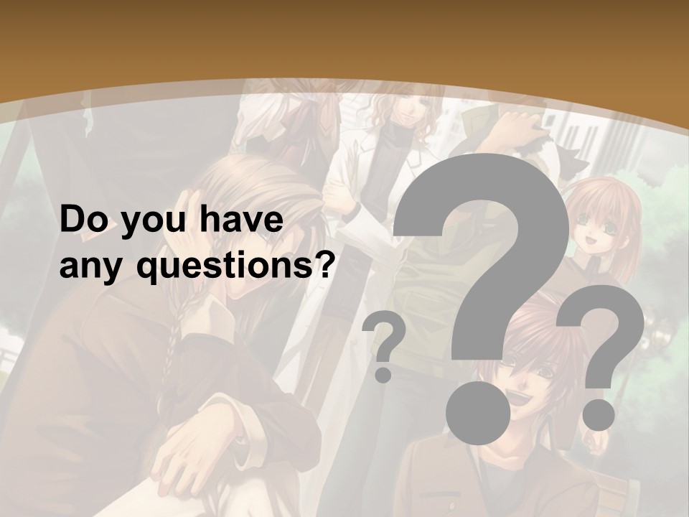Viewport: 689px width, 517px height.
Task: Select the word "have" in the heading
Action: [x=241, y=221]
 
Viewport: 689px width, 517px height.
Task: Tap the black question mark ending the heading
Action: [x=325, y=264]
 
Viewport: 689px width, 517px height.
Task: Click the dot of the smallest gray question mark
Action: [x=383, y=374]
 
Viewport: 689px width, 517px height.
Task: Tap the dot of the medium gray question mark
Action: [x=598, y=414]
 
